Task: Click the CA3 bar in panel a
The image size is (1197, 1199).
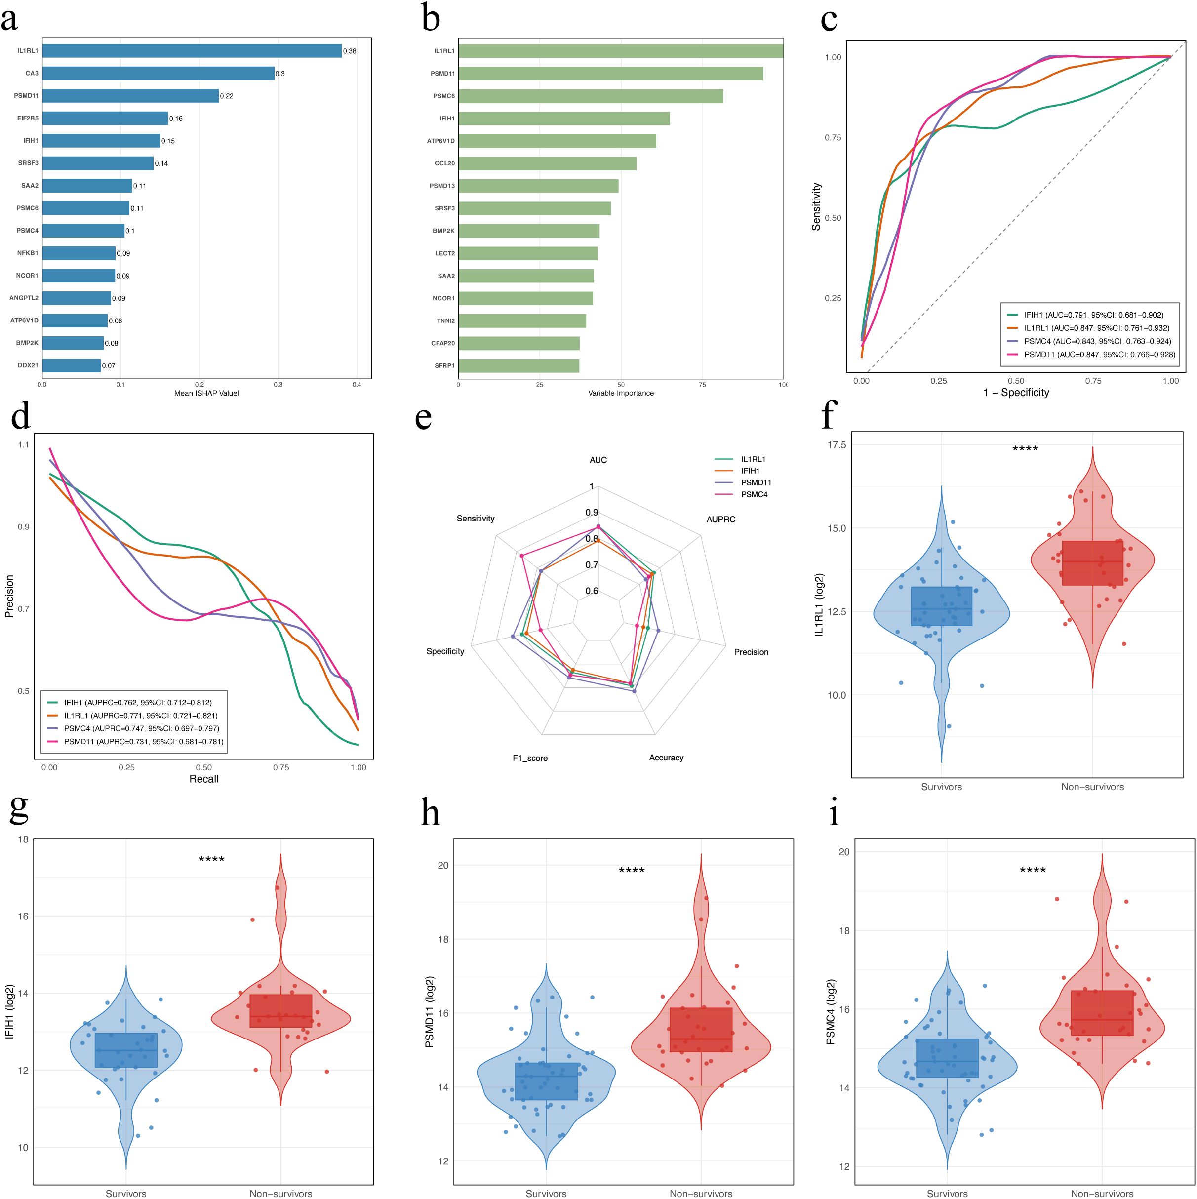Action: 158,73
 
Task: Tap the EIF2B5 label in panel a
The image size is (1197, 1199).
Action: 28,118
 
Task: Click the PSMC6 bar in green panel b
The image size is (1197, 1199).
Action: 590,96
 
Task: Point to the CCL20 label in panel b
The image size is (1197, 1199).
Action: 444,163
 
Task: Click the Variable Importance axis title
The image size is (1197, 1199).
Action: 621,393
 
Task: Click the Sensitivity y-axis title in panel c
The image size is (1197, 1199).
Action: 817,206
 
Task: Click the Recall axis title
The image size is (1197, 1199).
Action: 203,779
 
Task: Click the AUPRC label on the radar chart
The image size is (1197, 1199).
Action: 720,520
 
